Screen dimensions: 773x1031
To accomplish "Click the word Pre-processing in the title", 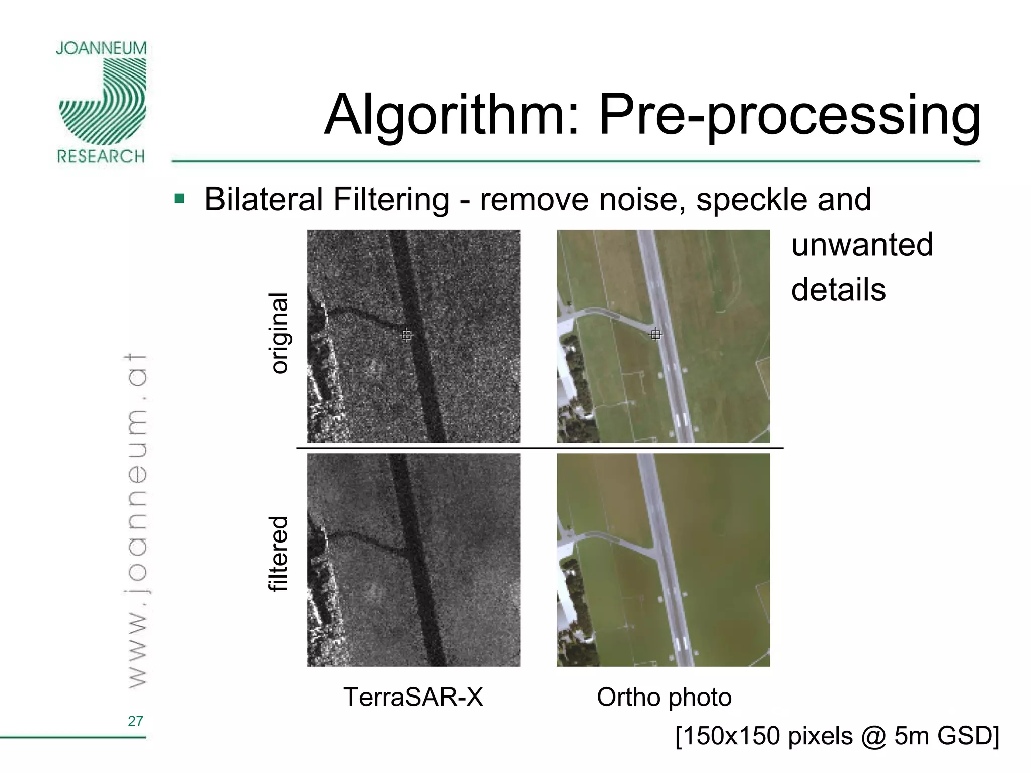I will [789, 116].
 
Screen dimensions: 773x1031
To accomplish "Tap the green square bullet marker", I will [179, 199].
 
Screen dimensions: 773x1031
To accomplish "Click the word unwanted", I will [862, 245].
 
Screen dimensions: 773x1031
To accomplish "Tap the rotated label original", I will [279, 333].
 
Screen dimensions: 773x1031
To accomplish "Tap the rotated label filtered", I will [279, 554].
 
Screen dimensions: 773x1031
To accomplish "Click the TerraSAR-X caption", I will [413, 697].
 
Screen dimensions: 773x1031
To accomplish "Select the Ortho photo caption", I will [664, 697].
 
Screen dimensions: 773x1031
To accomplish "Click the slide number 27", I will [135, 721].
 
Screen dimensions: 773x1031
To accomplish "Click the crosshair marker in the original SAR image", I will [407, 335].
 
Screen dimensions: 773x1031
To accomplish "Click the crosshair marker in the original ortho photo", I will [655, 334].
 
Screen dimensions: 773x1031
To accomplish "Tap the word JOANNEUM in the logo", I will [101, 49].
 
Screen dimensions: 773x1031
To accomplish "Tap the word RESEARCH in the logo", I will [101, 157].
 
